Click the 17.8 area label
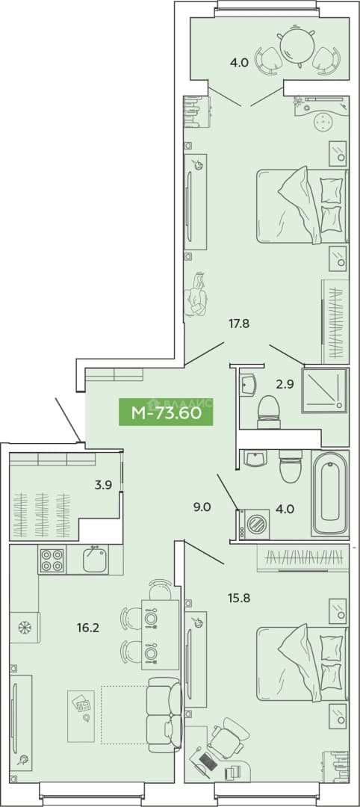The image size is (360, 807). (x=239, y=324)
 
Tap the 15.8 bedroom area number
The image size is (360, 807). (x=238, y=598)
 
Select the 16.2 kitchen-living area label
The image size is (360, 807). (x=89, y=628)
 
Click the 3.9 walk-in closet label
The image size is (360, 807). (x=104, y=483)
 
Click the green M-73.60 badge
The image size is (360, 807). (x=166, y=412)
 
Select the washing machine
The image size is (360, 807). (x=253, y=525)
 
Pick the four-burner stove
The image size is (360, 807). (x=52, y=560)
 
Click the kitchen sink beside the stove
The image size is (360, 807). (x=96, y=560)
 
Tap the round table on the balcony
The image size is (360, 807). (x=297, y=46)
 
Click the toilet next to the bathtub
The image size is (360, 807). (x=291, y=466)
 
